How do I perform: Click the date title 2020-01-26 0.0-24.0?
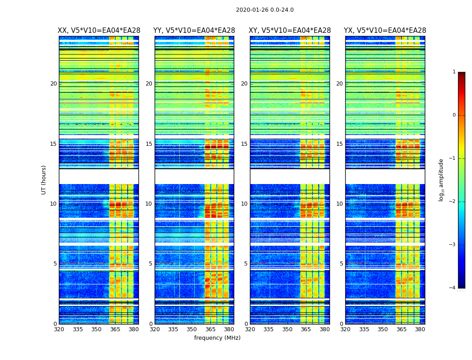pyautogui.click(x=265, y=10)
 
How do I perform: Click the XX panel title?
pyautogui.click(x=99, y=31)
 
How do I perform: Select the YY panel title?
pyautogui.click(x=194, y=31)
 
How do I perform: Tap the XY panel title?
pyautogui.click(x=290, y=31)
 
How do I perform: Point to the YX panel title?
pyautogui.click(x=385, y=31)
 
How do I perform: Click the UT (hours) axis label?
pyautogui.click(x=44, y=180)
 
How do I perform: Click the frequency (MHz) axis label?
pyautogui.click(x=217, y=338)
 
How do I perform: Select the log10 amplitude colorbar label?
pyautogui.click(x=441, y=180)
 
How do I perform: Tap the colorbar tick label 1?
pyautogui.click(x=454, y=72)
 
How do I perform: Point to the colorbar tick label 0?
pyautogui.click(x=454, y=115)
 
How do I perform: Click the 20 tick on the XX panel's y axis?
pyautogui.click(x=53, y=84)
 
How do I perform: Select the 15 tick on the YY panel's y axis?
pyautogui.click(x=149, y=144)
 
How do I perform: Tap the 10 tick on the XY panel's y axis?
pyautogui.click(x=244, y=204)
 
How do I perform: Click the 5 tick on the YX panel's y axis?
pyautogui.click(x=341, y=264)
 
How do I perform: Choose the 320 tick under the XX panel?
pyautogui.click(x=59, y=329)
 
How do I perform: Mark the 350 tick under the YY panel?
pyautogui.click(x=192, y=329)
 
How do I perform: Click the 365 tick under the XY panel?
pyautogui.click(x=306, y=329)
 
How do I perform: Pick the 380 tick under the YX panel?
pyautogui.click(x=420, y=329)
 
